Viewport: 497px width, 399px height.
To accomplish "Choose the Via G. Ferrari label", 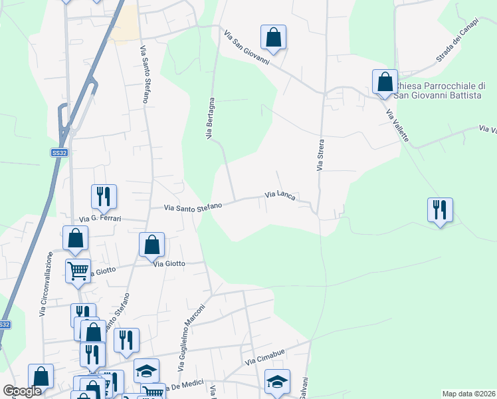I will pyautogui.click(x=102, y=217).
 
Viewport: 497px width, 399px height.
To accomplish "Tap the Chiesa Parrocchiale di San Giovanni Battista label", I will pyautogui.click(x=440, y=91).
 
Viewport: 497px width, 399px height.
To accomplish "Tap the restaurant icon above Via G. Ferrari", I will pyautogui.click(x=104, y=196).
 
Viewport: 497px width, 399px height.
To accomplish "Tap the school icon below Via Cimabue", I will pyautogui.click(x=277, y=381).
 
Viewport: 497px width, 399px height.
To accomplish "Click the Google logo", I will pyautogui.click(x=22, y=392).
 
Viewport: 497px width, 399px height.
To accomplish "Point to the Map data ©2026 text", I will pyautogui.click(x=468, y=394).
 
